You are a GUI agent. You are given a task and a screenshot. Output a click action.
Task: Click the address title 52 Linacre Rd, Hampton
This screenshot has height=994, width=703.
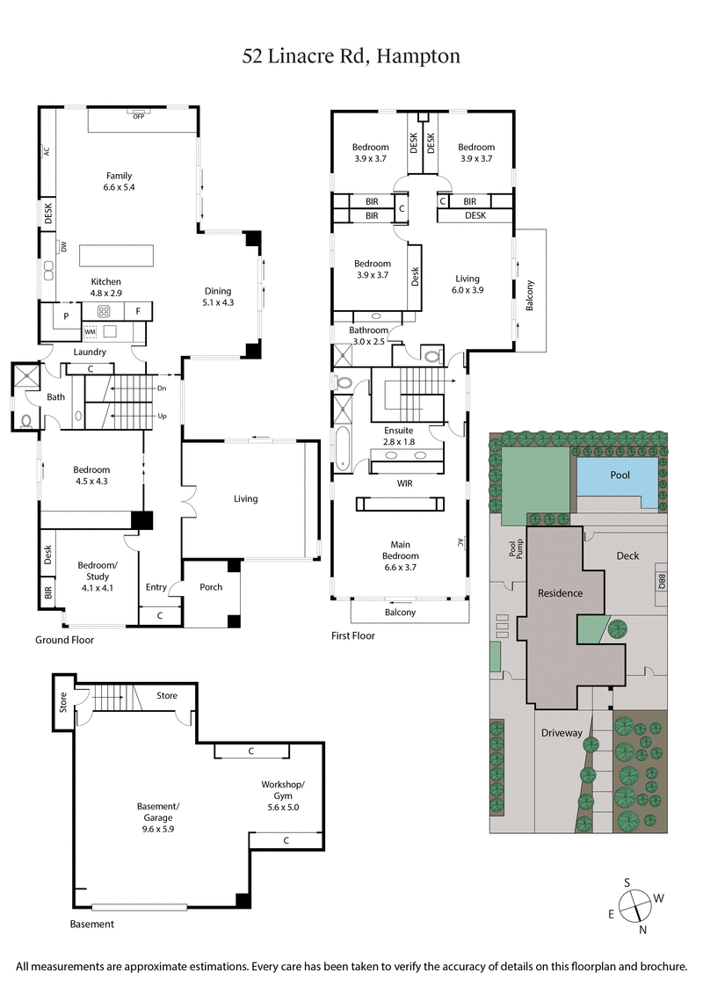click(351, 57)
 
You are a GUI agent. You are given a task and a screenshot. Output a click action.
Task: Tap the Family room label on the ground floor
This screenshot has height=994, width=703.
click(119, 181)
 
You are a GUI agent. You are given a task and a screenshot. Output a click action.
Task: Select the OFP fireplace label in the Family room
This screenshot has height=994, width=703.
click(138, 116)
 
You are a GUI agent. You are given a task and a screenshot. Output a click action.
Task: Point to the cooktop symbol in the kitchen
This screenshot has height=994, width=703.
click(103, 310)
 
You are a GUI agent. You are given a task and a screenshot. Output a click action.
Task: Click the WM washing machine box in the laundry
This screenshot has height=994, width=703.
click(89, 332)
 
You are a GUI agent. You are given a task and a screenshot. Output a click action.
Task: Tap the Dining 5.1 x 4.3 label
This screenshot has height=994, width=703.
click(218, 297)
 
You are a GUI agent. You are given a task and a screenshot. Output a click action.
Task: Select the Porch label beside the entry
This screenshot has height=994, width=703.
click(212, 587)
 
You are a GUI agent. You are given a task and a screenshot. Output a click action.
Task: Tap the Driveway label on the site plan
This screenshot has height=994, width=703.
click(562, 732)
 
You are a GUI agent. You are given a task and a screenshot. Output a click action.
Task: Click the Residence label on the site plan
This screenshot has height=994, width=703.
click(561, 592)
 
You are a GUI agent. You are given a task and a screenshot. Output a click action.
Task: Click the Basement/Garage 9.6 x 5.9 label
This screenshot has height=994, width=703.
click(158, 812)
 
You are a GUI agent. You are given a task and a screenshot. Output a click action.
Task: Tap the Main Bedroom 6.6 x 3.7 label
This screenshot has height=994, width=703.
click(400, 549)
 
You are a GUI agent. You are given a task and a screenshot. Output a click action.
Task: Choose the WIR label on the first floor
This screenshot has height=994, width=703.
click(405, 483)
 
